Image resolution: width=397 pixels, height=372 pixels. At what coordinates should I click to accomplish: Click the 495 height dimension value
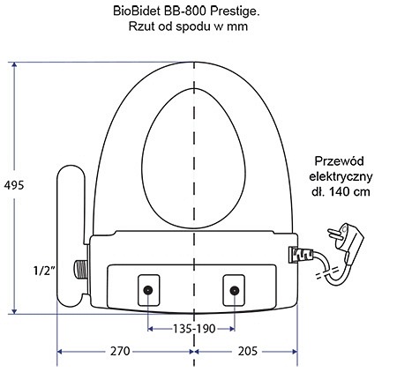[x=14, y=185]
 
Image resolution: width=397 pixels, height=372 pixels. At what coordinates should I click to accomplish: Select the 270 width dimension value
[x=120, y=351]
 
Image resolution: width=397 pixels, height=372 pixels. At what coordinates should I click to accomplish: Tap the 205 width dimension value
[x=248, y=351]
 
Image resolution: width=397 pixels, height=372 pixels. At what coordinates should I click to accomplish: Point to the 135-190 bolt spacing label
[x=194, y=329]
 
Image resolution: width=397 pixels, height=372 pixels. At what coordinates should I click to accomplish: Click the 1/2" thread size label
[x=44, y=271]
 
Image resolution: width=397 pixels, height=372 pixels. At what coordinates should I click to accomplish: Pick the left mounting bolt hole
[x=148, y=290]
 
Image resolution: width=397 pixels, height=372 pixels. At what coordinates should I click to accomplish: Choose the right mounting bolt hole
[x=234, y=291]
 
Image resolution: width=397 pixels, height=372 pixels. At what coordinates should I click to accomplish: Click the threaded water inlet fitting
[x=79, y=270]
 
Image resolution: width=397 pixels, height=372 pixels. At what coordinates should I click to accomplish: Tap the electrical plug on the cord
[x=346, y=241]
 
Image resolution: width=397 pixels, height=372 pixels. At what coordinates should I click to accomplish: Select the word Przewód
[x=339, y=161]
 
